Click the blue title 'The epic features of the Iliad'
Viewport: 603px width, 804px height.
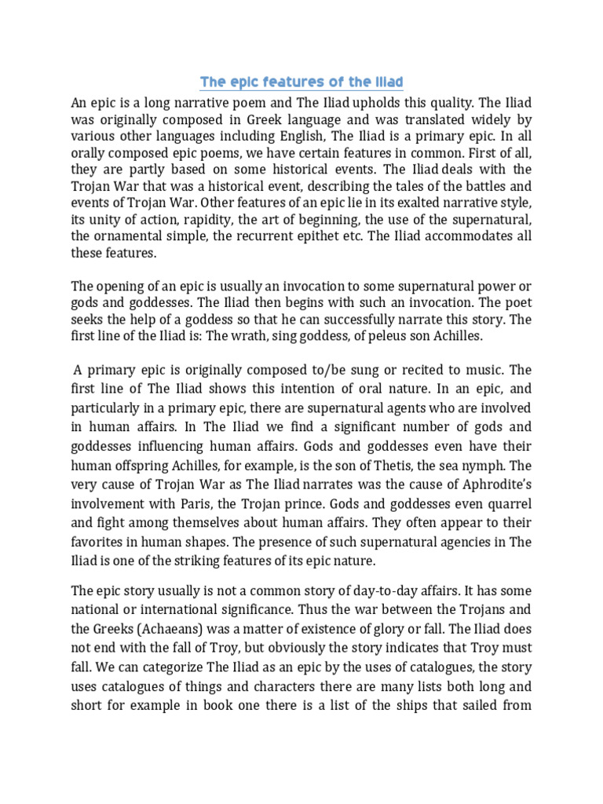(301, 82)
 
